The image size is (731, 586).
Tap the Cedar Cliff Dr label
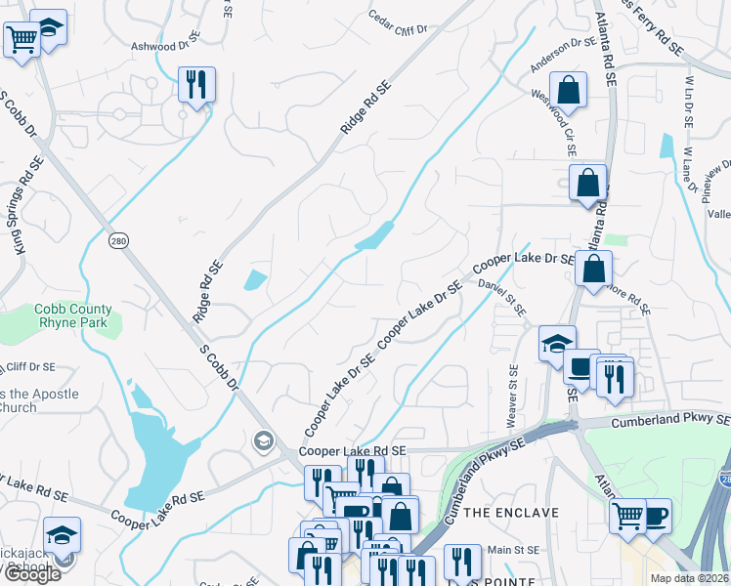pyautogui.click(x=399, y=22)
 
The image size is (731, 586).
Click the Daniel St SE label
pyautogui.click(x=502, y=297)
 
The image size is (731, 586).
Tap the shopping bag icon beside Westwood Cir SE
pyautogui.click(x=568, y=90)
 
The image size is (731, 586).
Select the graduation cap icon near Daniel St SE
pyautogui.click(x=557, y=344)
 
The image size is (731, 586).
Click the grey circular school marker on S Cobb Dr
pyautogui.click(x=262, y=441)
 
